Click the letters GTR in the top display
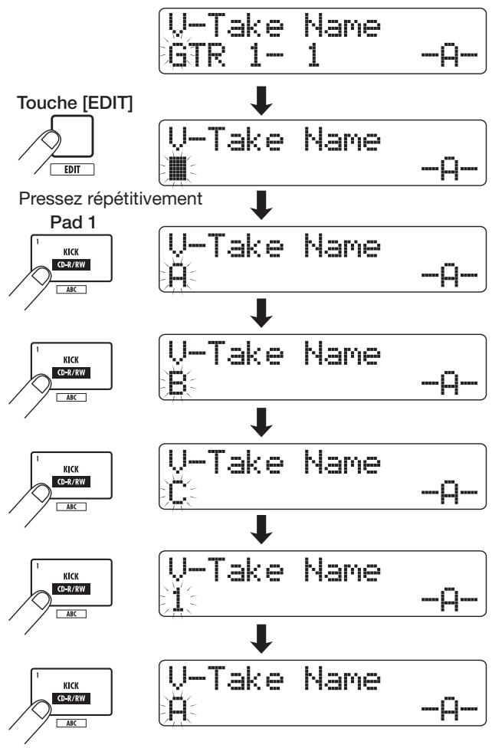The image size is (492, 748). pos(197,55)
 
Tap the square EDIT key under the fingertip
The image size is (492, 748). pos(73,136)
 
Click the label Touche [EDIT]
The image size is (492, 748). pos(75,103)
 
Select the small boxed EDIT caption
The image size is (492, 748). pos(72,169)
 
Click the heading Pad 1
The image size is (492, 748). pos(73,222)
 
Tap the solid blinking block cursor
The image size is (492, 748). pos(178,168)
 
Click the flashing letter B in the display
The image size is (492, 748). pos(178,383)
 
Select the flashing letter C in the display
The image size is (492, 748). pos(178,493)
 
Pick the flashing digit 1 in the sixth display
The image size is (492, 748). pos(178,599)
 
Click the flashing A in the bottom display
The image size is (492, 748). pos(178,710)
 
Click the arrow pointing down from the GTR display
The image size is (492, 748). pos(261,100)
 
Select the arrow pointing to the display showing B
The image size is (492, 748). pos(261,313)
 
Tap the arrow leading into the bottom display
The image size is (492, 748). pos(261,638)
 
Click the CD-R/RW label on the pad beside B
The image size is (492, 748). pos(71,372)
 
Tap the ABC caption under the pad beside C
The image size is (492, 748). pos(71,507)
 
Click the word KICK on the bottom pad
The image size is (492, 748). pos(71,685)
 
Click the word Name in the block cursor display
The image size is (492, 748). pos(342,139)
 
